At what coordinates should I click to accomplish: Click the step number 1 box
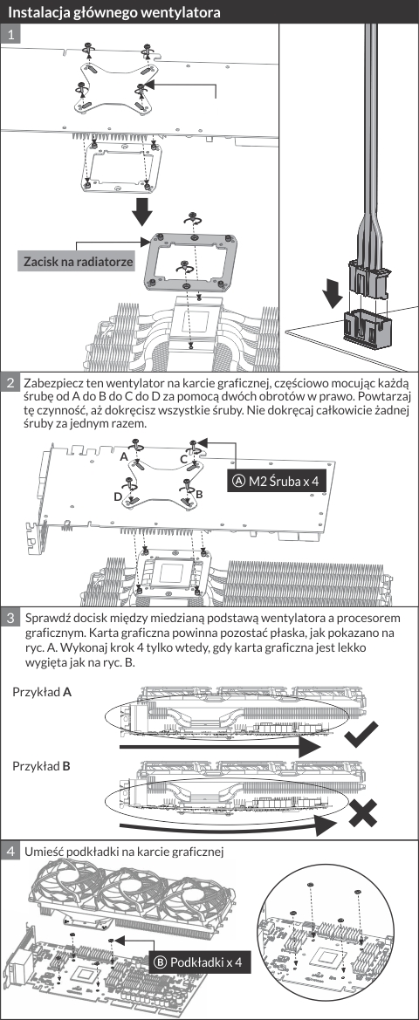pos(11,35)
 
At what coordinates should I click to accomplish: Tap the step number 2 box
pos(11,382)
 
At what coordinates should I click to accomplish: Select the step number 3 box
pos(11,618)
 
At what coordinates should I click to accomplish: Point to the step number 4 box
pos(11,851)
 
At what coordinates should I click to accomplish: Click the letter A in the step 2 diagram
pos(124,456)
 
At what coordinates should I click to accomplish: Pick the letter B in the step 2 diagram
pos(199,495)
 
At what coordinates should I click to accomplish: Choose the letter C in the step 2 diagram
pos(184,459)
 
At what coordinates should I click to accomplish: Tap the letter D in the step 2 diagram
pos(117,497)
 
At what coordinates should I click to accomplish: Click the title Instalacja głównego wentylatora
pos(113,12)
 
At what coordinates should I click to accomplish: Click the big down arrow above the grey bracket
pos(141,210)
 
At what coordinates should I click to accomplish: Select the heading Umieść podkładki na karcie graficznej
pos(124,852)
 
